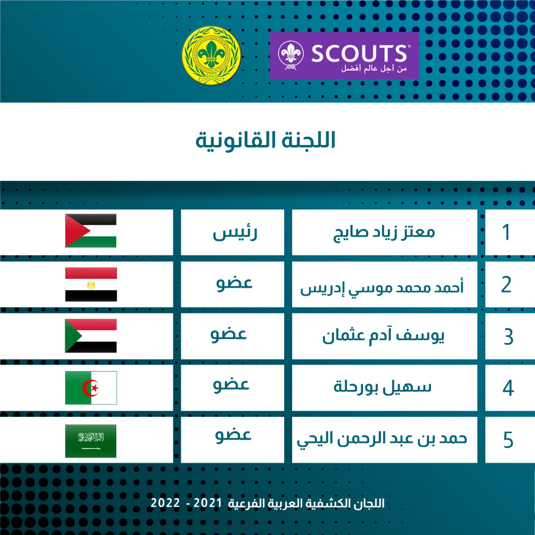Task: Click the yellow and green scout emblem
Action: pos(211,55)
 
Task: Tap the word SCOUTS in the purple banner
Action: pos(359,53)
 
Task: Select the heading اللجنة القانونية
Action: pos(265,141)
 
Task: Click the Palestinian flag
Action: pos(91,230)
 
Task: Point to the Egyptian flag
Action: pos(91,284)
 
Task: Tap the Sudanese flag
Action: pos(91,336)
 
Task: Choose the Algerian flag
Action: pos(91,387)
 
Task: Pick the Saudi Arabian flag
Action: pos(91,441)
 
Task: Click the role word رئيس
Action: pos(235,233)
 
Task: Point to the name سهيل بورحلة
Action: pos(382,387)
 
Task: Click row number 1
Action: pos(507,232)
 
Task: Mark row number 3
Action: pos(508,336)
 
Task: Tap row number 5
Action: pos(508,440)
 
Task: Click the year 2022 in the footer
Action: pos(165,503)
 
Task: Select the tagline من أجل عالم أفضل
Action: pos(374,68)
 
